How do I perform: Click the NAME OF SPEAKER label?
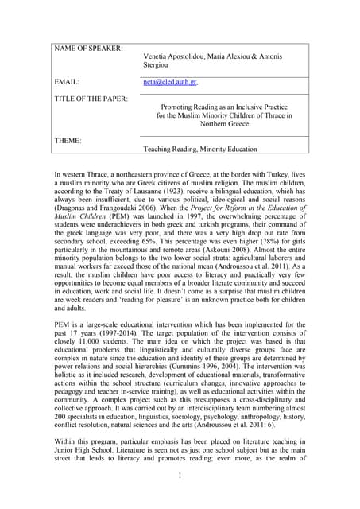coord(88,49)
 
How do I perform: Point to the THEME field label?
coord(68,140)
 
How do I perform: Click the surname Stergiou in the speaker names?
coord(157,66)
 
